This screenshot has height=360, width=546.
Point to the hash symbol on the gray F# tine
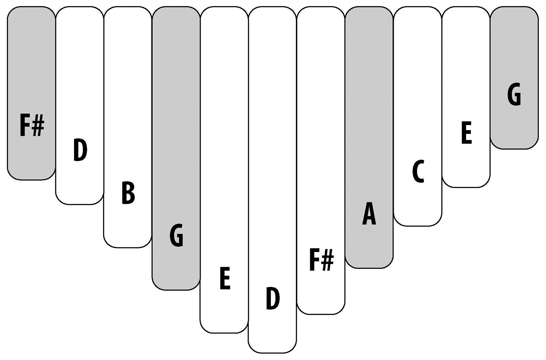38,127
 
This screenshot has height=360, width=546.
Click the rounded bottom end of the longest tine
273,353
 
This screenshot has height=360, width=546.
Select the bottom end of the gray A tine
369,268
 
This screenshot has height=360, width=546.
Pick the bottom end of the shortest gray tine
514,149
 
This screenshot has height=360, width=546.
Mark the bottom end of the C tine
418,226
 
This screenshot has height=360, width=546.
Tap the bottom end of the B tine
128,248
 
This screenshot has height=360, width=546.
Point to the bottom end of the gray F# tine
31,180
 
